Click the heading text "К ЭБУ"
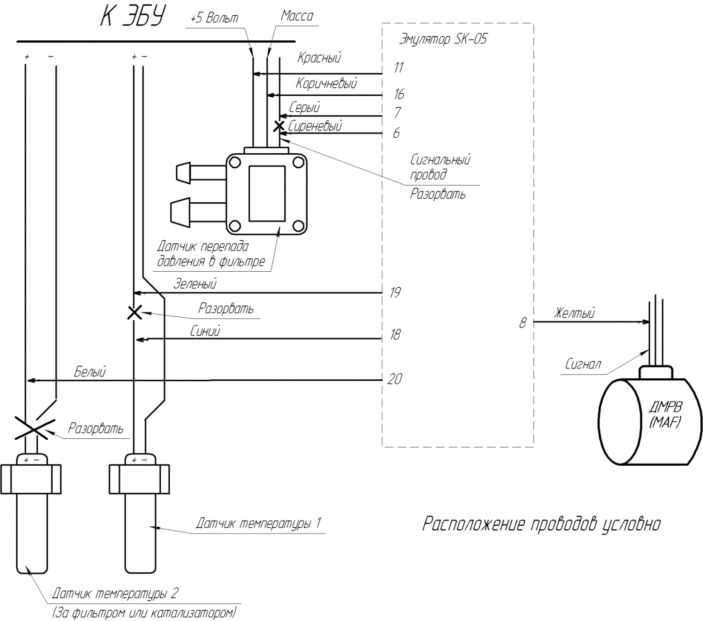132,16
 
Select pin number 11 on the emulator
398,68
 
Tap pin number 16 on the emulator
399,94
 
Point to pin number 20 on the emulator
394,379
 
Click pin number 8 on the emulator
523,323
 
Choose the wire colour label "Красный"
319,57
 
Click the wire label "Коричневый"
326,83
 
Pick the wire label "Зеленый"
195,284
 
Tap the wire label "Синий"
205,331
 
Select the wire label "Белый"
90,372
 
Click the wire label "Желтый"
574,313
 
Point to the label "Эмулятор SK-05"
443,39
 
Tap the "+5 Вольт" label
214,19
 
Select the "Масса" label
297,16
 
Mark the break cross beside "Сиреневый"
279,126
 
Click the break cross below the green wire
134,313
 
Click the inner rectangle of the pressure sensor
267,193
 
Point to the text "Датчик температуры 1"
258,523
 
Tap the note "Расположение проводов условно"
541,524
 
